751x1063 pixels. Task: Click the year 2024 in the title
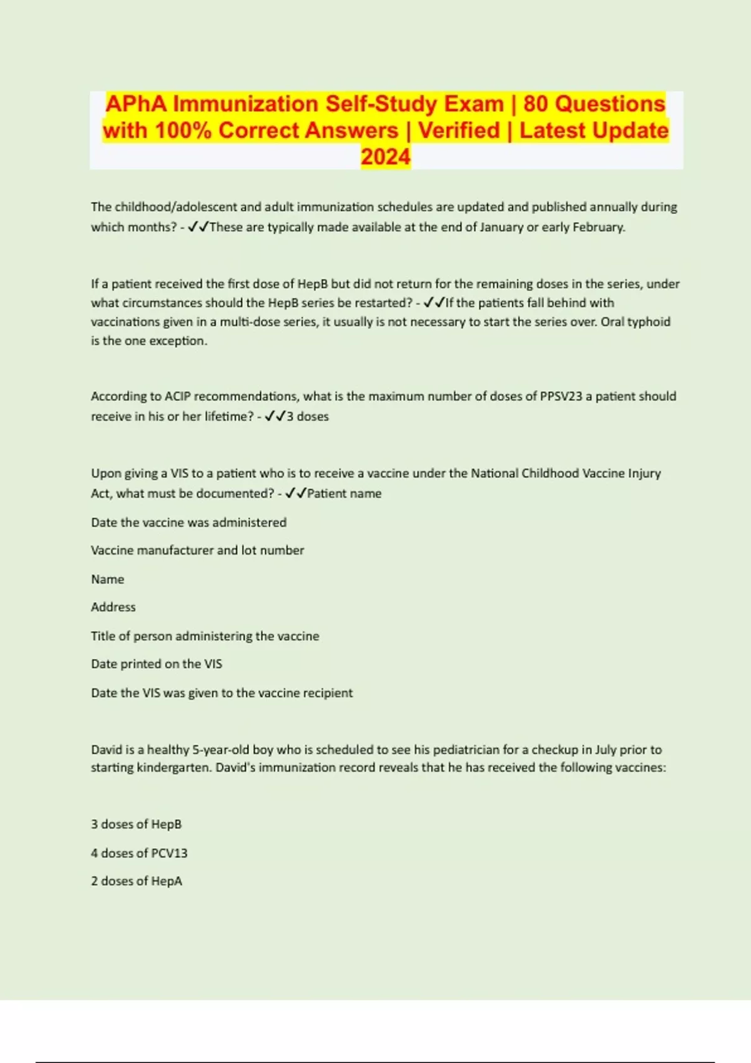click(x=386, y=157)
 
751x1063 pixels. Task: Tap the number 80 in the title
click(x=536, y=104)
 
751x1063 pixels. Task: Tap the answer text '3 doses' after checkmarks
click(x=307, y=416)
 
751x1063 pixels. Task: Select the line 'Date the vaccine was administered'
click(x=188, y=523)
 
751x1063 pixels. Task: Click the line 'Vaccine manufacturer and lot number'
click(x=197, y=551)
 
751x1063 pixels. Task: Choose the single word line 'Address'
click(x=113, y=607)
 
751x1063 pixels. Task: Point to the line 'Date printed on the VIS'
click(x=156, y=664)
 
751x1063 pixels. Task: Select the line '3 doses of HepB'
click(x=136, y=825)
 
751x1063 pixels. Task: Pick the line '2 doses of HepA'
click(x=136, y=882)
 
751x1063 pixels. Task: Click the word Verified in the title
click(x=459, y=131)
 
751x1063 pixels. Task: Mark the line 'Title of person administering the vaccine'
click(x=205, y=637)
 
